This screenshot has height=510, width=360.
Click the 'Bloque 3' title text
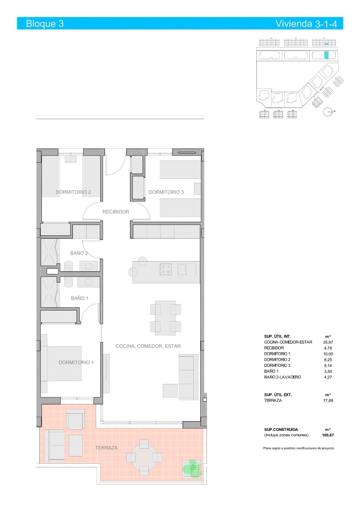coord(45,24)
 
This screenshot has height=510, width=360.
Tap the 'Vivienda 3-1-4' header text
coord(309,24)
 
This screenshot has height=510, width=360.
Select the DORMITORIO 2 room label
coord(73,192)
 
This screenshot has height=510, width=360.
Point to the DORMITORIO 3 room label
coord(166,192)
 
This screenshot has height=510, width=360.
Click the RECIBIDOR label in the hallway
coord(116,212)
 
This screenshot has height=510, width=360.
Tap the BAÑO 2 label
coord(79,253)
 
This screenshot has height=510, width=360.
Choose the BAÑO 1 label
coord(79,298)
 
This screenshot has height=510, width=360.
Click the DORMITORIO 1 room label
coord(76,362)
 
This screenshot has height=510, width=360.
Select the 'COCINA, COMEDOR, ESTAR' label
coord(148,346)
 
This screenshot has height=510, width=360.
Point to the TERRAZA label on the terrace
coord(106,448)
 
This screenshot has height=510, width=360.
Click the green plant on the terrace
coord(192,468)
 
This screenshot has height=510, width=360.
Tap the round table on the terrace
coord(144,457)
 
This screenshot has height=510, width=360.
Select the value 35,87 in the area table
coord(328,342)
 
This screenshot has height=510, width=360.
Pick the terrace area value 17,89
coord(328,400)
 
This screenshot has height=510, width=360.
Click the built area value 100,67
coord(328,435)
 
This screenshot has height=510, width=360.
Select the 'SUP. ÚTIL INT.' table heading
coord(277,336)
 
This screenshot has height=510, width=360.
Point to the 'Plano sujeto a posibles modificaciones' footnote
coord(298,448)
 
